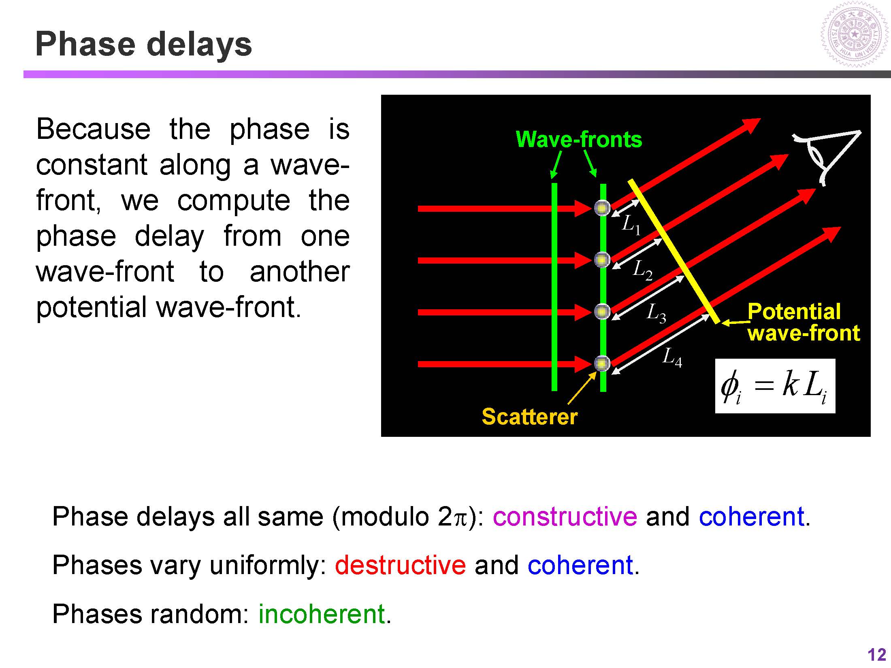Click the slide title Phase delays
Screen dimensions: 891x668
[144, 45]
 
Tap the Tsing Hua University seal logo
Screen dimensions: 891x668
[855, 38]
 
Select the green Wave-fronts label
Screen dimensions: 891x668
[579, 140]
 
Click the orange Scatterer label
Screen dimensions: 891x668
[529, 417]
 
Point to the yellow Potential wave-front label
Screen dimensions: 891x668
[804, 323]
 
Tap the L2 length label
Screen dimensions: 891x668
[643, 270]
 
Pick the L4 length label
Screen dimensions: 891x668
[672, 357]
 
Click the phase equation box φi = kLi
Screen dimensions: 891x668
[775, 386]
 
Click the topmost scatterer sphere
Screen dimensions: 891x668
[602, 208]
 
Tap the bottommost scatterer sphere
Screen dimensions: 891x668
[602, 364]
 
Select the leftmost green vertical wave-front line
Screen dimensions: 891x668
[554, 287]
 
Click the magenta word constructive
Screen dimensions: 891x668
[565, 517]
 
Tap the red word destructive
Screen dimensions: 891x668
[400, 565]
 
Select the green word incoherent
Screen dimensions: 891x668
[322, 614]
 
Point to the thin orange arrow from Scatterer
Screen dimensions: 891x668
[582, 388]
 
